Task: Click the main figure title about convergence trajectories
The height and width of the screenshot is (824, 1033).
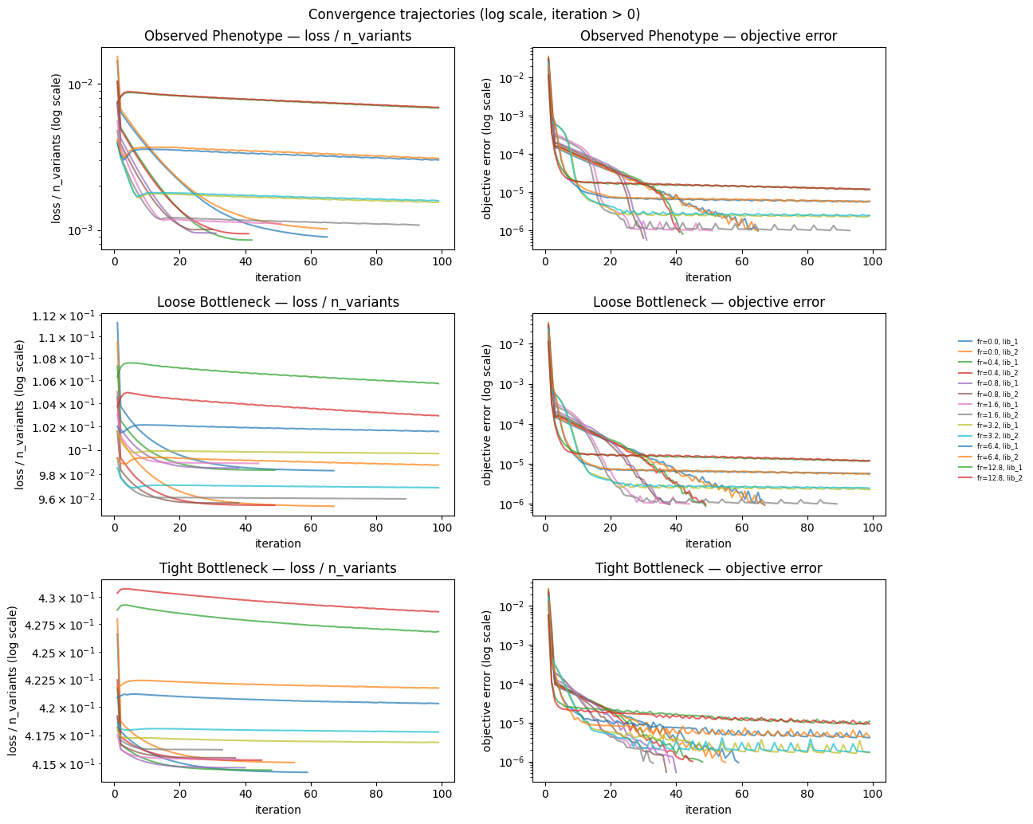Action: (473, 14)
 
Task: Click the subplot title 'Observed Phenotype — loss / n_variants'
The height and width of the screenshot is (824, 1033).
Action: (278, 36)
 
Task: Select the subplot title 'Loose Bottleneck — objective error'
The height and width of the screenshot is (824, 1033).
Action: (709, 302)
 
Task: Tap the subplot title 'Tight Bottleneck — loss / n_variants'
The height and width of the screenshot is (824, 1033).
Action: (278, 568)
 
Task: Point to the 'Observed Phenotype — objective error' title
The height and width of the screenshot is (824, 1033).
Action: (709, 36)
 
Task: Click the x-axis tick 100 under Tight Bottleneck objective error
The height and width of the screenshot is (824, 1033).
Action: (873, 795)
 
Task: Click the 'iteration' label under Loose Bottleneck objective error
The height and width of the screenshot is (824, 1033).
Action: (709, 543)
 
